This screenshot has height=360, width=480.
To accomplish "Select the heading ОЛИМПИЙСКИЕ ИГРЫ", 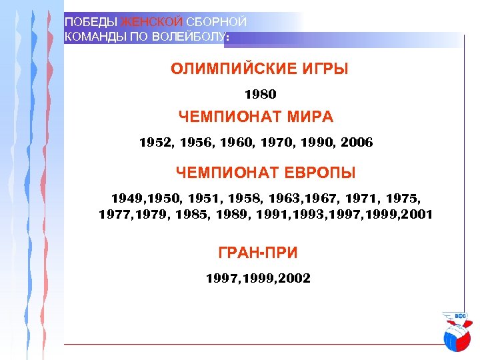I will tap(259, 69).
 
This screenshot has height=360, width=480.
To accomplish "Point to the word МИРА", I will tap(311, 117).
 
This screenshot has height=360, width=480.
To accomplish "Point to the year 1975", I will tap(403, 199).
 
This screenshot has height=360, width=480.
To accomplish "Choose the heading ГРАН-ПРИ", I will tap(258, 253).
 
